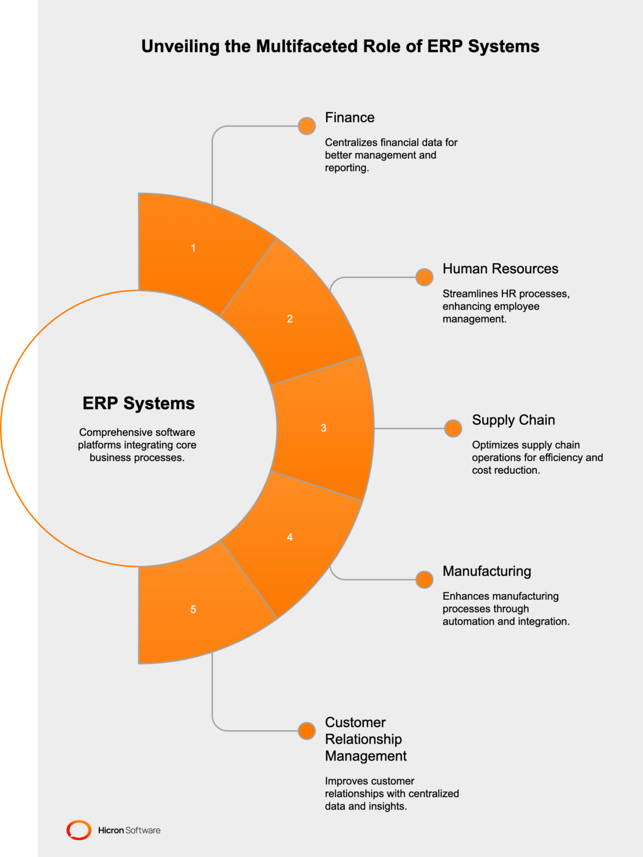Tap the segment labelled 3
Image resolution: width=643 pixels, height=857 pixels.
[x=324, y=428]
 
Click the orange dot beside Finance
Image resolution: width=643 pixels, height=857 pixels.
[x=306, y=126]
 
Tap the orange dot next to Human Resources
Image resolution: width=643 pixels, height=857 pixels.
[x=424, y=277]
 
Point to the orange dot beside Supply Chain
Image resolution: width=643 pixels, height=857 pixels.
[x=453, y=428]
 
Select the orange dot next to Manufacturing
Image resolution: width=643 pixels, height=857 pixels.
[x=424, y=580]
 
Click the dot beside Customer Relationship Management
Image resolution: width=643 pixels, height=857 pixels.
[x=306, y=730]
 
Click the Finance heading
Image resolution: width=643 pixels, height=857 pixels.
[x=349, y=118]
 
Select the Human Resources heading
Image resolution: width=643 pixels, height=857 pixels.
[x=500, y=269]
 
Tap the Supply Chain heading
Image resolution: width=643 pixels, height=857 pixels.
[x=513, y=420]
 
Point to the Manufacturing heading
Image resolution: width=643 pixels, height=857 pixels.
[x=486, y=571]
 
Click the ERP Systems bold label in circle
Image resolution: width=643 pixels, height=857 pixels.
[x=138, y=403]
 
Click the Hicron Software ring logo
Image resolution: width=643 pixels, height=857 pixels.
[x=79, y=830]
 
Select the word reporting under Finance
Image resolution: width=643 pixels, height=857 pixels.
[x=346, y=168]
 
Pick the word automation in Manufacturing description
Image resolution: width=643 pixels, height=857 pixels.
[x=468, y=622]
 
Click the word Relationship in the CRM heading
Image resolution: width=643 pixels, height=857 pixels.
[x=363, y=739]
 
